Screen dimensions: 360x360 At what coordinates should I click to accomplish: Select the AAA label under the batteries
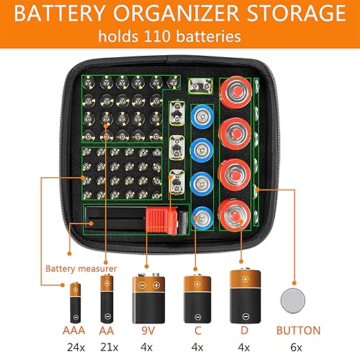coord(74,330)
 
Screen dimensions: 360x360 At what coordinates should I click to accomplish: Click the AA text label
coord(106,330)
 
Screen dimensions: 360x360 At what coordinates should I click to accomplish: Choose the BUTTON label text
coord(298,330)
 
